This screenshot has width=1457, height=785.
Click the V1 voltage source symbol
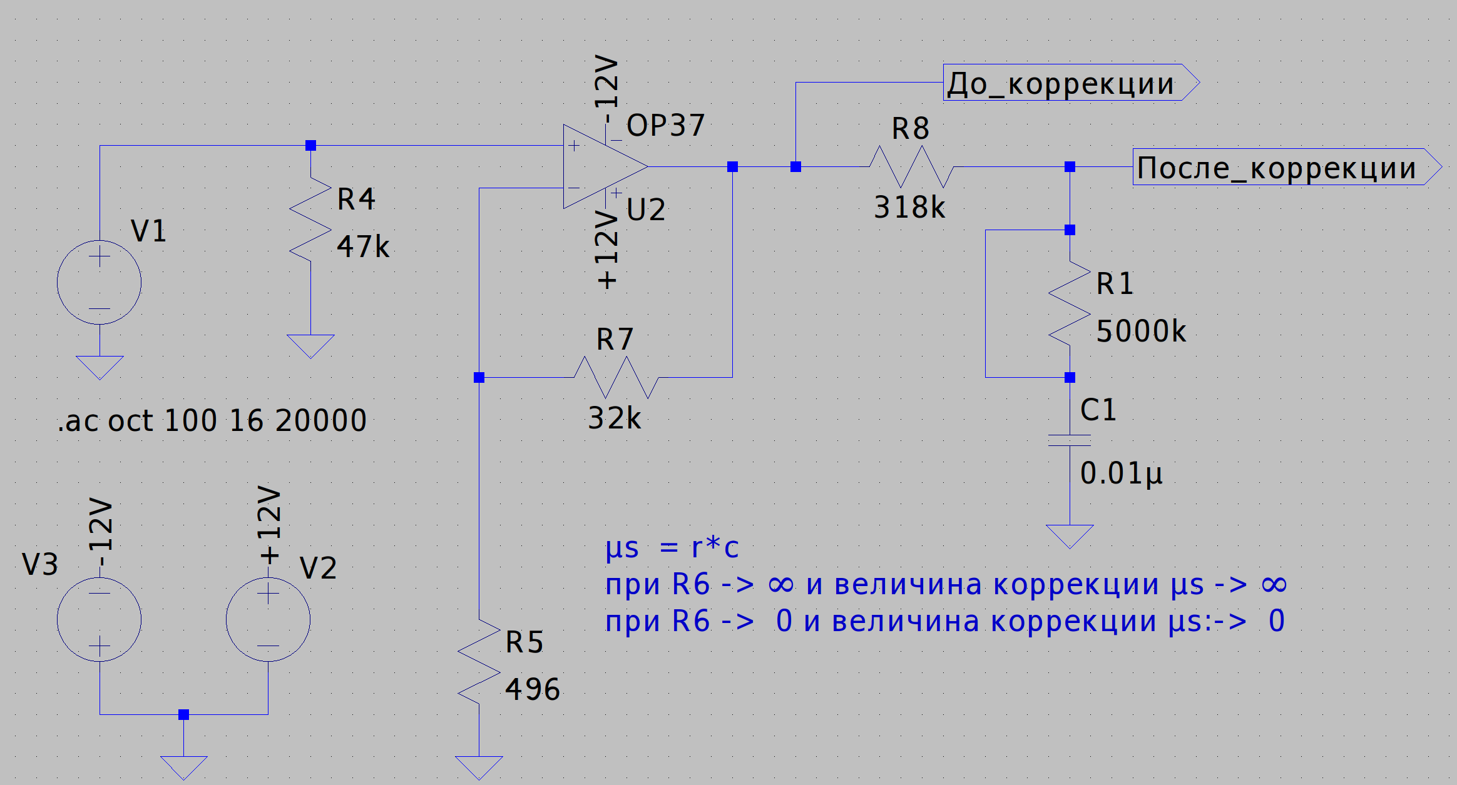99,282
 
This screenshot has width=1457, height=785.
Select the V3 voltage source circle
99,619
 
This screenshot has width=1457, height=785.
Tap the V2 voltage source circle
268,619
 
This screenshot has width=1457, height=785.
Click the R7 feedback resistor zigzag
616,377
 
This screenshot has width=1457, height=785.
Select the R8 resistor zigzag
911,167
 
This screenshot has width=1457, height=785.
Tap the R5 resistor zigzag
479,662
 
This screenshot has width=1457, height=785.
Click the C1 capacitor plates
1070,440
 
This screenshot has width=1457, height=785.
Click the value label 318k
909,207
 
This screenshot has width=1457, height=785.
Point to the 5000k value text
1141,331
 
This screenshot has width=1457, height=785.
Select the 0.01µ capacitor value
1121,474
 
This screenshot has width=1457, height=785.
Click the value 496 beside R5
533,689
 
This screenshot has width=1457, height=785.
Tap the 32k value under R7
615,418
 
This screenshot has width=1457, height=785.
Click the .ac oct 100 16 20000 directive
212,420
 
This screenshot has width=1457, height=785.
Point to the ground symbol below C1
1070,535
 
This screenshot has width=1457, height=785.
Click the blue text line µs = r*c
672,548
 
